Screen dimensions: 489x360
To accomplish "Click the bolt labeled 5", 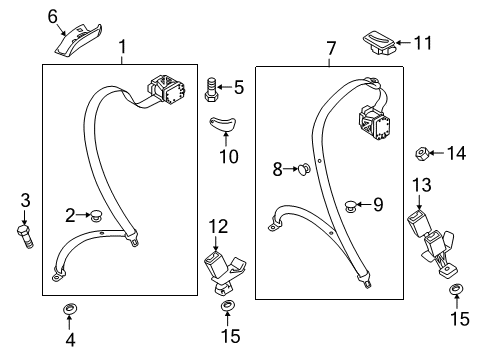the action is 211,90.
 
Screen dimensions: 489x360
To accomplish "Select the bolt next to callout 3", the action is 25,237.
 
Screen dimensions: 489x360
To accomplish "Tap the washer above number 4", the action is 70,309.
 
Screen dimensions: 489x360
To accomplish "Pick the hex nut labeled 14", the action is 422,154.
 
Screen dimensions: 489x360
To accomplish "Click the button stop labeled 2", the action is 96,215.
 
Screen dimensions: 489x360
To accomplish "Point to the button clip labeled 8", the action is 304,169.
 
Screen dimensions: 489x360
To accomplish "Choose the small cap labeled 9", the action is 350,206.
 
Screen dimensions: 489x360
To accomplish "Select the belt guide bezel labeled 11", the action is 379,43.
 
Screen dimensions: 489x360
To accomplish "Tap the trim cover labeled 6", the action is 78,41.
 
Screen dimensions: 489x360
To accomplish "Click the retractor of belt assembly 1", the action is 167,89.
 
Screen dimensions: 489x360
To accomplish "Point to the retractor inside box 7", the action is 375,122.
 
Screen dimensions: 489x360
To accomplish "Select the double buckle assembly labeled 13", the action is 431,244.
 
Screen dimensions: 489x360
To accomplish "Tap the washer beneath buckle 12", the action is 227,305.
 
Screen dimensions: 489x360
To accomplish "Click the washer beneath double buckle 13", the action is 456,289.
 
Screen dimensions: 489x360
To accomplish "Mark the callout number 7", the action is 330,49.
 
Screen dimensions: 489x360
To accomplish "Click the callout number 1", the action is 123,47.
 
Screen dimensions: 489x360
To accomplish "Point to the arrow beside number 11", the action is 404,43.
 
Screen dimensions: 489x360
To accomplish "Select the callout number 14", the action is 456,153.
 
